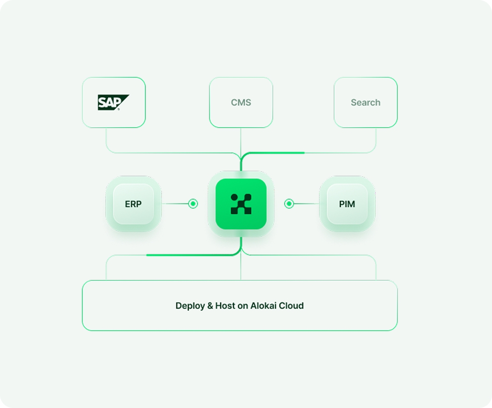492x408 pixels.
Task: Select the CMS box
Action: click(241, 102)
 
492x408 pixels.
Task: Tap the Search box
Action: click(365, 102)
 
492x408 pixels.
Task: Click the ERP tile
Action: click(133, 204)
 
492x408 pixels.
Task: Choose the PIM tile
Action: click(347, 204)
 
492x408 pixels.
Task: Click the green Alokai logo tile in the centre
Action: click(241, 204)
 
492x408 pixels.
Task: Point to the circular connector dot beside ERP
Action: click(193, 204)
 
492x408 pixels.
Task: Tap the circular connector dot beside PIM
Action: click(289, 204)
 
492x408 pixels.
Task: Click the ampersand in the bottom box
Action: click(208, 306)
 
